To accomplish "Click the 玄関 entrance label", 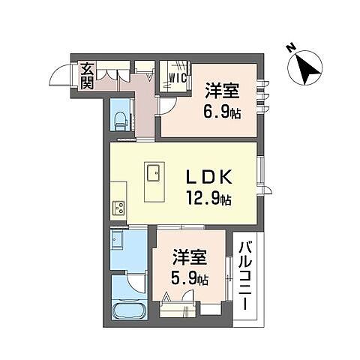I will tap(87, 76).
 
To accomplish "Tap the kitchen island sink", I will tap(154, 175).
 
